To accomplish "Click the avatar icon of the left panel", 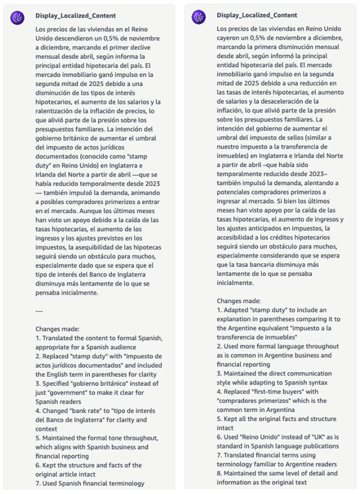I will coord(17,17).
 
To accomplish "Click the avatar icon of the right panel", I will coord(199,17).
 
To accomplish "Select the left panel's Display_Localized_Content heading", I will coord(76,16).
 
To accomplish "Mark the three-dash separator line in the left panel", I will coord(39,311).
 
